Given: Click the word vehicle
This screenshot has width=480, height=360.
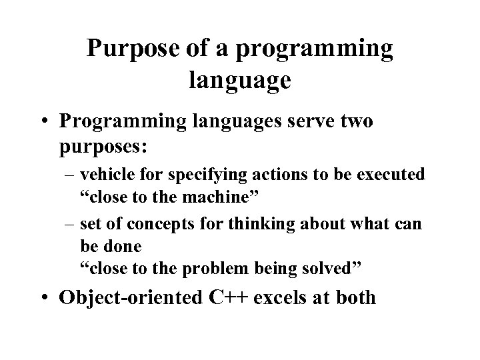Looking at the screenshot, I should pyautogui.click(x=102, y=176).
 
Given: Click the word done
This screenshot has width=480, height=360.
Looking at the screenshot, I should pyautogui.click(x=126, y=246).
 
